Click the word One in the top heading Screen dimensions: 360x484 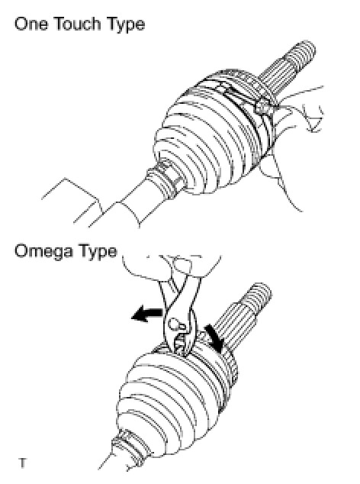[x=31, y=24]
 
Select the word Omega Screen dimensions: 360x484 [x=43, y=252]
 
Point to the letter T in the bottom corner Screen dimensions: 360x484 [x=23, y=463]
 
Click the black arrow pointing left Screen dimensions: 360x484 [x=147, y=315]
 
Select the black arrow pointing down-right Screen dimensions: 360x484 [x=216, y=338]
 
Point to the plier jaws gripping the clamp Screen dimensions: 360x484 [x=182, y=344]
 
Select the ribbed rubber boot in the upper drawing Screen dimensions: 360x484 [x=213, y=133]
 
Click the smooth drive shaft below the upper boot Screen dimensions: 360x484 [x=130, y=204]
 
